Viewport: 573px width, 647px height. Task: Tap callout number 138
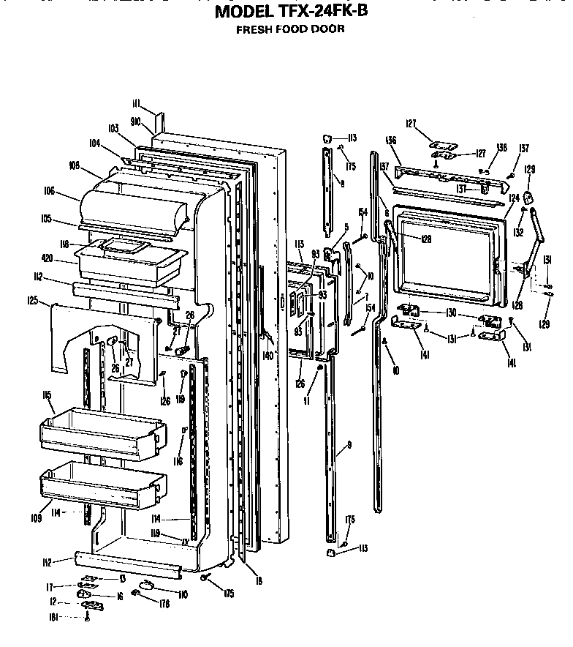pos(481,148)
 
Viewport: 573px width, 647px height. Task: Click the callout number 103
pos(113,128)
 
